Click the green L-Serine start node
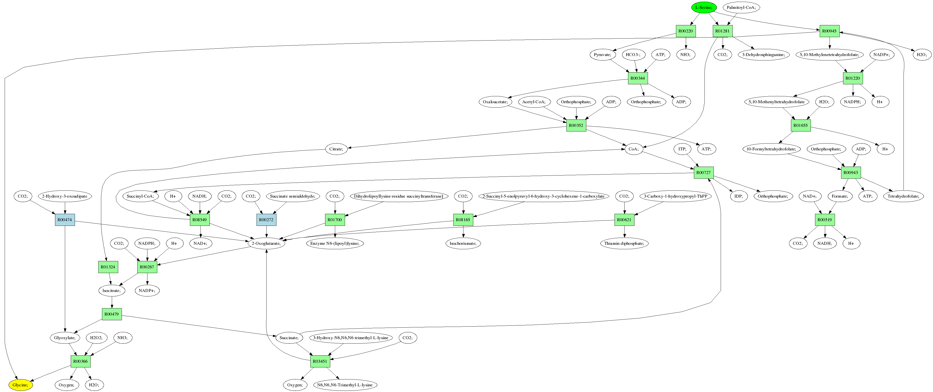[x=704, y=7]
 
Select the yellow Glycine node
[x=20, y=385]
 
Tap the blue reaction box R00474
[x=65, y=219]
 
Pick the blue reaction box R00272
[x=267, y=219]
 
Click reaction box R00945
[x=829, y=31]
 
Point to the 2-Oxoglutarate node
[x=267, y=243]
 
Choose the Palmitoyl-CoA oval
[x=741, y=7]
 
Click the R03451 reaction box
[x=320, y=361]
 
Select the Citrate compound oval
[x=336, y=149]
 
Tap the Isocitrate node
[x=112, y=290]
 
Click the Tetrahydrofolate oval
[x=903, y=196]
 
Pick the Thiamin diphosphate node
[x=624, y=243]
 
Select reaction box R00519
[x=825, y=219]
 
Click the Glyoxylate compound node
[x=65, y=338]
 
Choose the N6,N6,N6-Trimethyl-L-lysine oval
[x=345, y=385]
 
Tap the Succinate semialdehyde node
[x=293, y=196]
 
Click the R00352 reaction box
[x=576, y=125]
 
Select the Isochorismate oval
[x=463, y=243]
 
